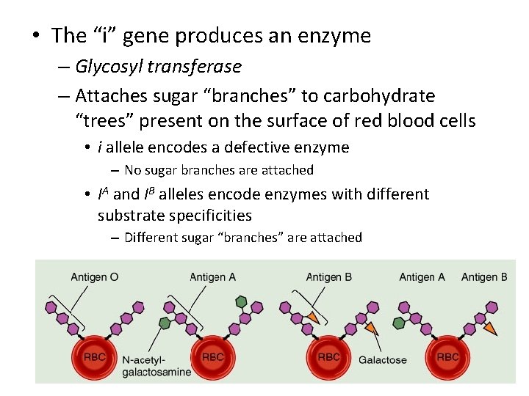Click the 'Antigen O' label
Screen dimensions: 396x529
click(93, 276)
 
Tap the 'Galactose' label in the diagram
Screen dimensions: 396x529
click(382, 359)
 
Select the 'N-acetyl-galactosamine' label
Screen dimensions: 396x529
click(156, 365)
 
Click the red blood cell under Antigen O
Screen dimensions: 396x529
click(94, 356)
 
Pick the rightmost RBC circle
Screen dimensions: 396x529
click(447, 356)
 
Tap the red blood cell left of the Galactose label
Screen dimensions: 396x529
click(328, 356)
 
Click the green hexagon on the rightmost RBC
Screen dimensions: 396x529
click(399, 323)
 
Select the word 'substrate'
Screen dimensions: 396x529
click(128, 216)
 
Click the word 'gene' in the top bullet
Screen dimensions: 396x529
click(145, 36)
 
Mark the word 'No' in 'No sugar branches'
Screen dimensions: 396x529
click(132, 170)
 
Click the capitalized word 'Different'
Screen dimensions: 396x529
click(153, 237)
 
